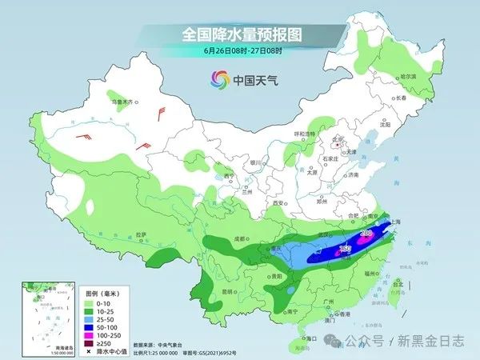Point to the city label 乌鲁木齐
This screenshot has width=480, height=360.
126,102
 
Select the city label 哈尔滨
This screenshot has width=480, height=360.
409,76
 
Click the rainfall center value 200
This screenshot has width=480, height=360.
366,233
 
